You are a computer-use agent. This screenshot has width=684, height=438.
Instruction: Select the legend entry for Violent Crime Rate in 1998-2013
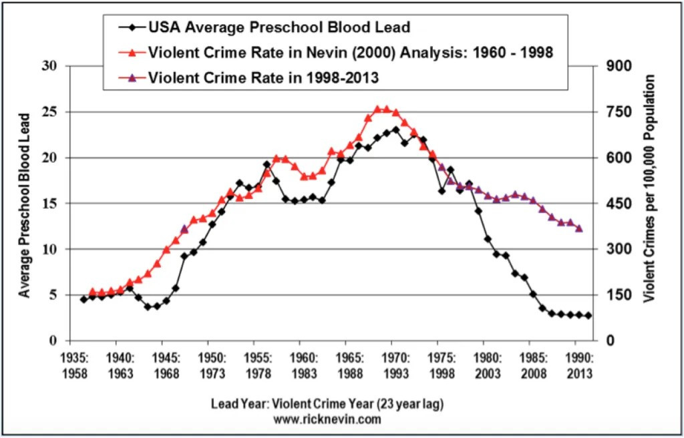263,77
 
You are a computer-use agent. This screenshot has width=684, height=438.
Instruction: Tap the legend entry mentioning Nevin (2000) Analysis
351,52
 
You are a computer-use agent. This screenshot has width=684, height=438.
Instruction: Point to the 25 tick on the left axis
48,112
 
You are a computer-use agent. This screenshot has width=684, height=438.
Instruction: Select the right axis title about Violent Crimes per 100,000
648,189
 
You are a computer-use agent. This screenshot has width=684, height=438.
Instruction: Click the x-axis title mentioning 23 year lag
327,404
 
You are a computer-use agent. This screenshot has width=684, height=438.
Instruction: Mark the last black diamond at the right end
588,316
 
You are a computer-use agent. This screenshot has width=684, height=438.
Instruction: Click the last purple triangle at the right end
579,228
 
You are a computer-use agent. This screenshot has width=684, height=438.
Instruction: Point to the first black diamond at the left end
83,299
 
